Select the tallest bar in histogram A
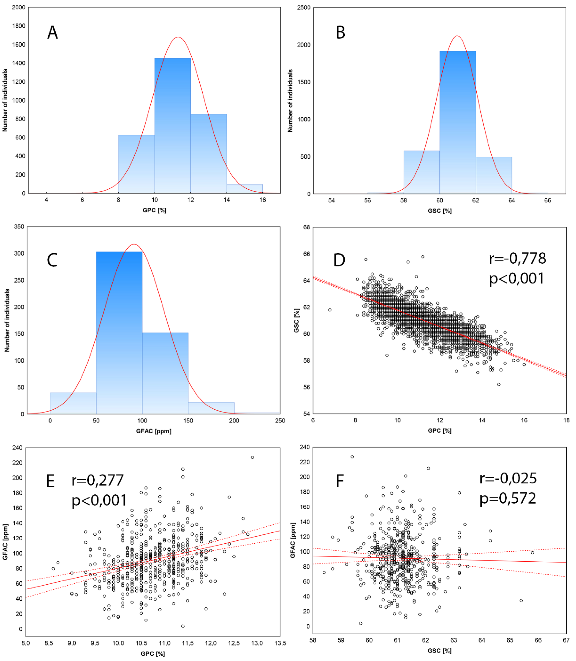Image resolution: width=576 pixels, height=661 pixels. coord(173,125)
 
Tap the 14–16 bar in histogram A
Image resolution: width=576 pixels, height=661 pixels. coord(245,189)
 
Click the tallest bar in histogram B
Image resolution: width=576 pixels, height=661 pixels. coord(458,122)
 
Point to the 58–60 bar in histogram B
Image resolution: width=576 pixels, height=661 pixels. coord(422,172)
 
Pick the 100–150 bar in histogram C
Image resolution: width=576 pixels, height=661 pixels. coord(165,373)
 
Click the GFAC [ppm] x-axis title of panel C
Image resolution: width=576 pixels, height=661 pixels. coord(154,431)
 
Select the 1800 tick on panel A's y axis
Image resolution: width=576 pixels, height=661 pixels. coord(19,26)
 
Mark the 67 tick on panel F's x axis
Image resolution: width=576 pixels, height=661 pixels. coord(566,640)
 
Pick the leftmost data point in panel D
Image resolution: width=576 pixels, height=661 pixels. coord(330,310)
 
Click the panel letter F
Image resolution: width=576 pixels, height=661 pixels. coord(340,481)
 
